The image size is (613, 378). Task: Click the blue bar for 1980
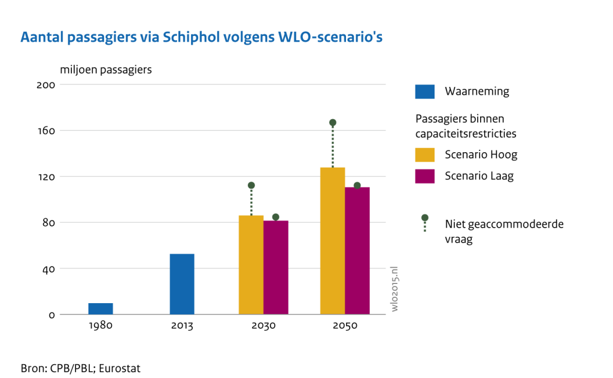tap(101, 309)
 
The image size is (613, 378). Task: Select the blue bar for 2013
tap(182, 284)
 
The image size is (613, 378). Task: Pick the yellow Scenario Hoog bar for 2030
tap(251, 265)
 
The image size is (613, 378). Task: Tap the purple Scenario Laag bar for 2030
tap(275, 267)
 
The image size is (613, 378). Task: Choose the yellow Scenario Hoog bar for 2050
tap(332, 241)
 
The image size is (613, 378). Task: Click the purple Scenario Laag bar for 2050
tap(357, 250)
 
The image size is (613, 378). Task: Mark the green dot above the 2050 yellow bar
tap(333, 123)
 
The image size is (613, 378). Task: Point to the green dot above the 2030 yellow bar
tap(251, 186)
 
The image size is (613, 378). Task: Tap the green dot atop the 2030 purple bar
tap(275, 217)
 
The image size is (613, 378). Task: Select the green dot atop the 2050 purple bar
tap(357, 186)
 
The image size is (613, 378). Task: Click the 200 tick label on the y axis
tap(46, 85)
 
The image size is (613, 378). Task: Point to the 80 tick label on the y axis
tap(48, 223)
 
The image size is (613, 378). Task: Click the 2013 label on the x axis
tap(182, 326)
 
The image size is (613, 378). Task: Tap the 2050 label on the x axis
tap(345, 326)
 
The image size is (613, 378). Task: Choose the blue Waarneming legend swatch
tap(424, 92)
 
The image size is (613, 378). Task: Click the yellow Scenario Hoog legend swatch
tap(424, 155)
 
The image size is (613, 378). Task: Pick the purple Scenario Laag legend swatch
tap(424, 176)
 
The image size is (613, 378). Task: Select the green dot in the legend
tap(424, 217)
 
